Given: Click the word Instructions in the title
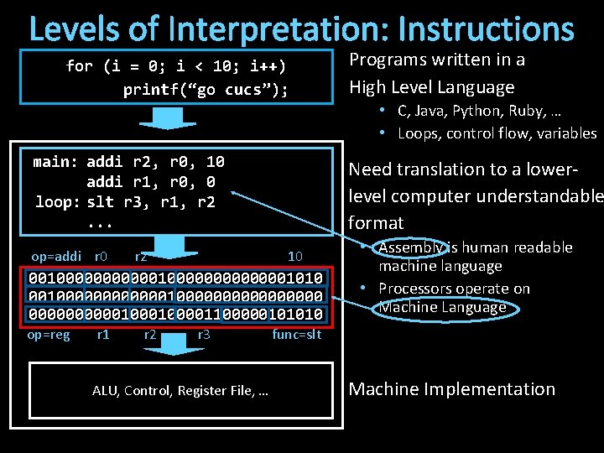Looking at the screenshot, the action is coord(487,29).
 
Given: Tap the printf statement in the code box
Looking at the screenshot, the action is coord(205,90).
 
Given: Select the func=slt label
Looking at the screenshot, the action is coord(296,336).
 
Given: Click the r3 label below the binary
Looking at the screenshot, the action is coord(203,336).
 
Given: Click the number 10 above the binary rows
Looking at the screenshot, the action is coord(294,256).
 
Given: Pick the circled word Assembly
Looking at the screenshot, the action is coord(412,247).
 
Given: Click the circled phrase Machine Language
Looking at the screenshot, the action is coord(442,307).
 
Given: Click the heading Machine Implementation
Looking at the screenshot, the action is coord(451,389).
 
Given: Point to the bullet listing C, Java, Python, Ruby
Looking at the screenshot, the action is coord(490,111).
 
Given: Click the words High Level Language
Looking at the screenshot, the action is coord(431,86).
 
